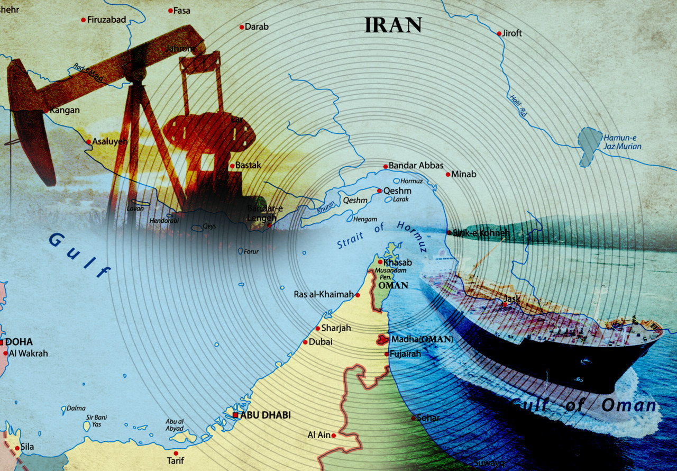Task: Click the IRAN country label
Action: (x=393, y=25)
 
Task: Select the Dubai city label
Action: (x=321, y=342)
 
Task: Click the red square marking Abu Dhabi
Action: (x=235, y=415)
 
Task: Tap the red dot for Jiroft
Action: (x=499, y=33)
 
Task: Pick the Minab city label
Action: (x=464, y=174)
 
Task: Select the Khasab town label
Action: (x=398, y=262)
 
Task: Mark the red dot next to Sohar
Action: (x=413, y=418)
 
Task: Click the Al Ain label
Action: (x=319, y=435)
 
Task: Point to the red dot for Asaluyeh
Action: (x=88, y=142)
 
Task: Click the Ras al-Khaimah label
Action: (x=324, y=294)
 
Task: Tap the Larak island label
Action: (x=401, y=200)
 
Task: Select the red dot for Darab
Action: (x=242, y=27)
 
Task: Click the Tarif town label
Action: (x=176, y=460)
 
